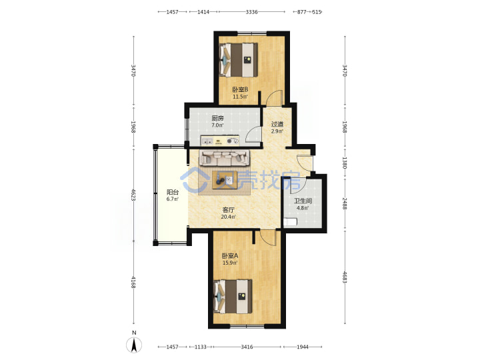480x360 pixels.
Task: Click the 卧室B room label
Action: tap(240, 90)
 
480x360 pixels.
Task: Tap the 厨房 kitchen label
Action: tap(217, 118)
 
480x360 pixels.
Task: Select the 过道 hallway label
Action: tap(277, 124)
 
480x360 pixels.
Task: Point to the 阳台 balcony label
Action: tap(173, 192)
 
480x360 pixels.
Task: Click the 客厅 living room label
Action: tap(228, 210)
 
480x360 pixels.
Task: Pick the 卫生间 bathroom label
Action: tap(303, 201)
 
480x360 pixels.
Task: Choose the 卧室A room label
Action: tap(230, 255)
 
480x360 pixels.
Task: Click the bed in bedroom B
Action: tap(239, 60)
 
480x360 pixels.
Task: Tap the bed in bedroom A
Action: tap(233, 296)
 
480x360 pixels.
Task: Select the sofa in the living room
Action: tap(225, 158)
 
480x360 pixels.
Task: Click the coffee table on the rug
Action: tap(225, 180)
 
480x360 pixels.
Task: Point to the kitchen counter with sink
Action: tap(220, 141)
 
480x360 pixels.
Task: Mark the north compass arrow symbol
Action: tap(134, 345)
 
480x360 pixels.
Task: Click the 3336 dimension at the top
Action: tap(251, 12)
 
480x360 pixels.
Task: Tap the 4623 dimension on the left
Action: tap(133, 195)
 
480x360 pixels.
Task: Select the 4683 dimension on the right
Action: tap(345, 277)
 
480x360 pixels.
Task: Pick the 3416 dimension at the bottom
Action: tap(247, 347)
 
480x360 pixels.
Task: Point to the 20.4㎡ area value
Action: tap(229, 217)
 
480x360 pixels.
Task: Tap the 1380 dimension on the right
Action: tap(345, 163)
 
